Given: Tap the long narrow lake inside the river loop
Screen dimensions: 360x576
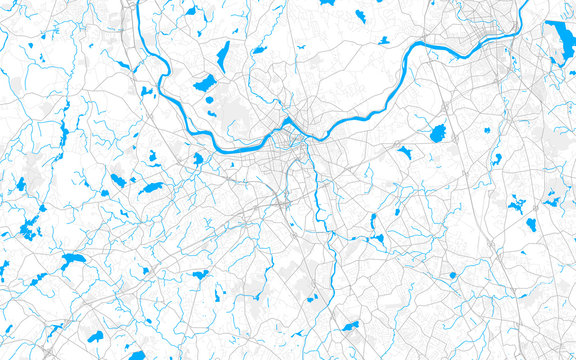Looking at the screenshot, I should tap(222, 57).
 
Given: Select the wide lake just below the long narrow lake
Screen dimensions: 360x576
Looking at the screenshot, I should tap(205, 82).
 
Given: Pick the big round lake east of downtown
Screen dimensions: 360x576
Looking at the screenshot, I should tap(437, 133).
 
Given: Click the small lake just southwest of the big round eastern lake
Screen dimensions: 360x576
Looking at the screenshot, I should tap(405, 153).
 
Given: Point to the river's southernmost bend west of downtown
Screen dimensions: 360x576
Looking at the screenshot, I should tap(215, 140).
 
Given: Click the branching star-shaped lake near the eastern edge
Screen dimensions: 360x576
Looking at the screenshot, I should tap(517, 206).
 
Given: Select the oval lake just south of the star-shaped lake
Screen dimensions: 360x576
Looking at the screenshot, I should tap(531, 224).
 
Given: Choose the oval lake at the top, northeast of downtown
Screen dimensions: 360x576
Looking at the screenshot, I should tap(360, 16).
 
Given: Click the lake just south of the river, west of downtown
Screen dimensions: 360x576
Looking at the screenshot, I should tap(198, 158).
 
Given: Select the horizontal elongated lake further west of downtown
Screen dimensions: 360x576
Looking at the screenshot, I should tap(151, 187).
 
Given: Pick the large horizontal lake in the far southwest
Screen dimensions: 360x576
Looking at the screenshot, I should tap(72, 261).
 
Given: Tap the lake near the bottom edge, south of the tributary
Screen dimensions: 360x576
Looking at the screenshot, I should tap(349, 326).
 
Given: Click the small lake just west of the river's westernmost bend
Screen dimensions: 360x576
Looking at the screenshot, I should tap(146, 92).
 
